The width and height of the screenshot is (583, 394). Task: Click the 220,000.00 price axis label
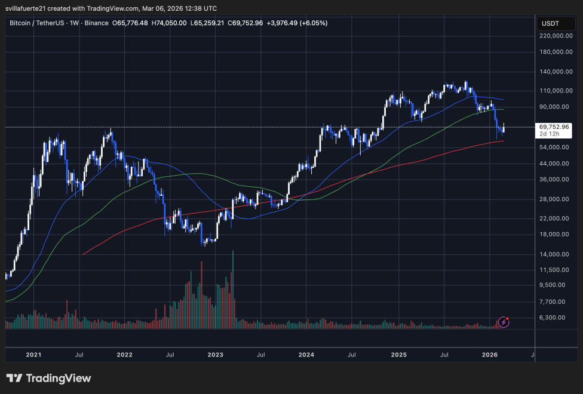pos(556,36)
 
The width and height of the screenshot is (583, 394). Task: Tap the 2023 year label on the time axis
pos(215,355)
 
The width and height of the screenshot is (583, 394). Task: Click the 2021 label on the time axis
pos(33,355)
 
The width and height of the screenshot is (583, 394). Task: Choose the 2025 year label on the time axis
pos(398,355)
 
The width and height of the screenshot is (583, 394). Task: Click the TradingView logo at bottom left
pos(48,378)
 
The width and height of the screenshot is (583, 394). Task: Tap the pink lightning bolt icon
pos(504,322)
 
